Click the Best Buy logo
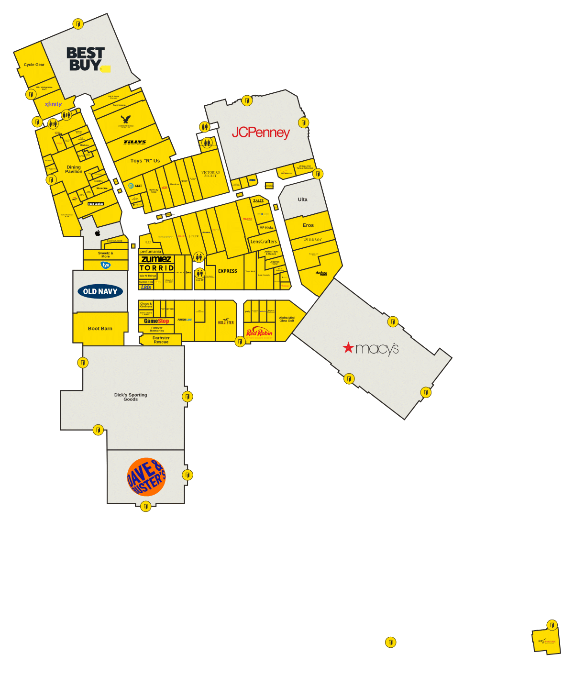point(86,59)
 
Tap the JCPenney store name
point(261,132)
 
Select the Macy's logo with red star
point(371,348)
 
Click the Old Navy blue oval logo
point(100,291)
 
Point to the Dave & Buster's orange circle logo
point(146,477)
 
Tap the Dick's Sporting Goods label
point(131,397)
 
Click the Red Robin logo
point(259,332)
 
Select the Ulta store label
point(303,199)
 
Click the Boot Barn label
point(100,329)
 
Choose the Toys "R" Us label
point(145,161)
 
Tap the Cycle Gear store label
point(34,65)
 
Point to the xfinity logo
point(53,104)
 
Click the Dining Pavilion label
point(74,169)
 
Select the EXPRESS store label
point(228,271)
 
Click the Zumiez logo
point(156,259)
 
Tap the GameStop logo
point(156,321)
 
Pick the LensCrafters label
point(264,242)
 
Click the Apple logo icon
point(98,233)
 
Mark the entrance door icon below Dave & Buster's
point(146,506)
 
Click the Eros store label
point(308,225)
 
